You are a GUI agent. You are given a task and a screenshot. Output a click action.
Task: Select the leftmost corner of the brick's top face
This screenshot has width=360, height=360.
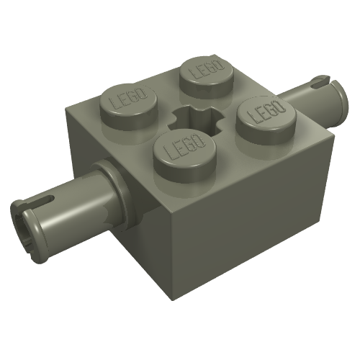pyautogui.click(x=67, y=110)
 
